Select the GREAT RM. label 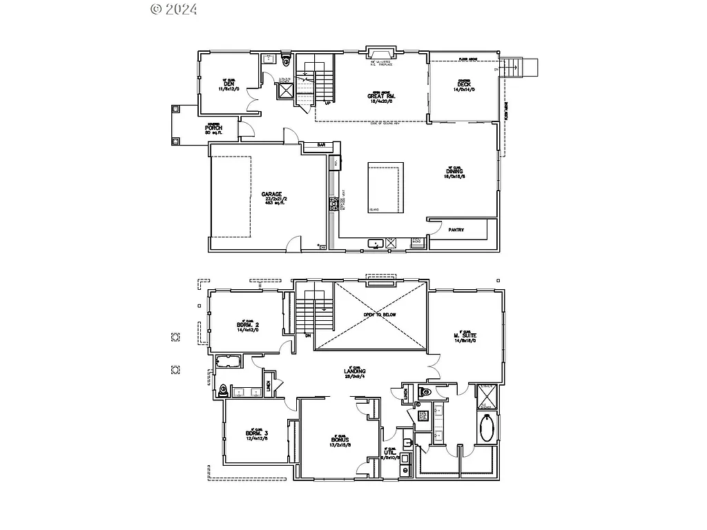[380, 96]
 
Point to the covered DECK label [463, 85]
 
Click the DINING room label [454, 171]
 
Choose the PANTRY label [456, 230]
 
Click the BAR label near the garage [321, 145]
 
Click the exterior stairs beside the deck [522, 68]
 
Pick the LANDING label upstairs [354, 372]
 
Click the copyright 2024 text [173, 9]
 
